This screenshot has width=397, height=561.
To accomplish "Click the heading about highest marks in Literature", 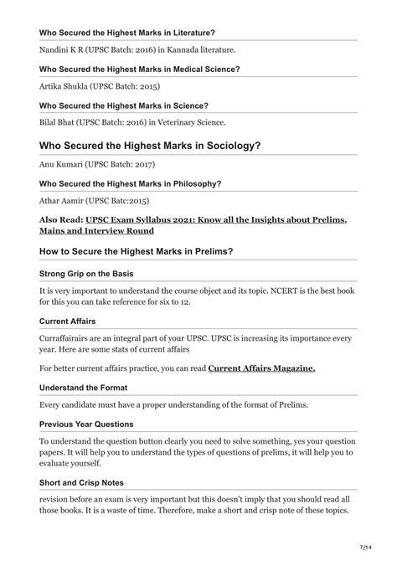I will (127, 33).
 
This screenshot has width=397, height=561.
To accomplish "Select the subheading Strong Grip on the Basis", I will (92, 274).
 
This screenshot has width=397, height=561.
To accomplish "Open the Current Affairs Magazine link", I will (261, 368).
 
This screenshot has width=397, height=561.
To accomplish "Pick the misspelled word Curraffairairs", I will (70, 337).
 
